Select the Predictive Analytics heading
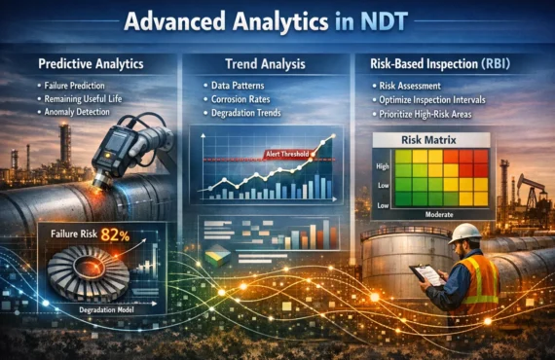92,63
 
